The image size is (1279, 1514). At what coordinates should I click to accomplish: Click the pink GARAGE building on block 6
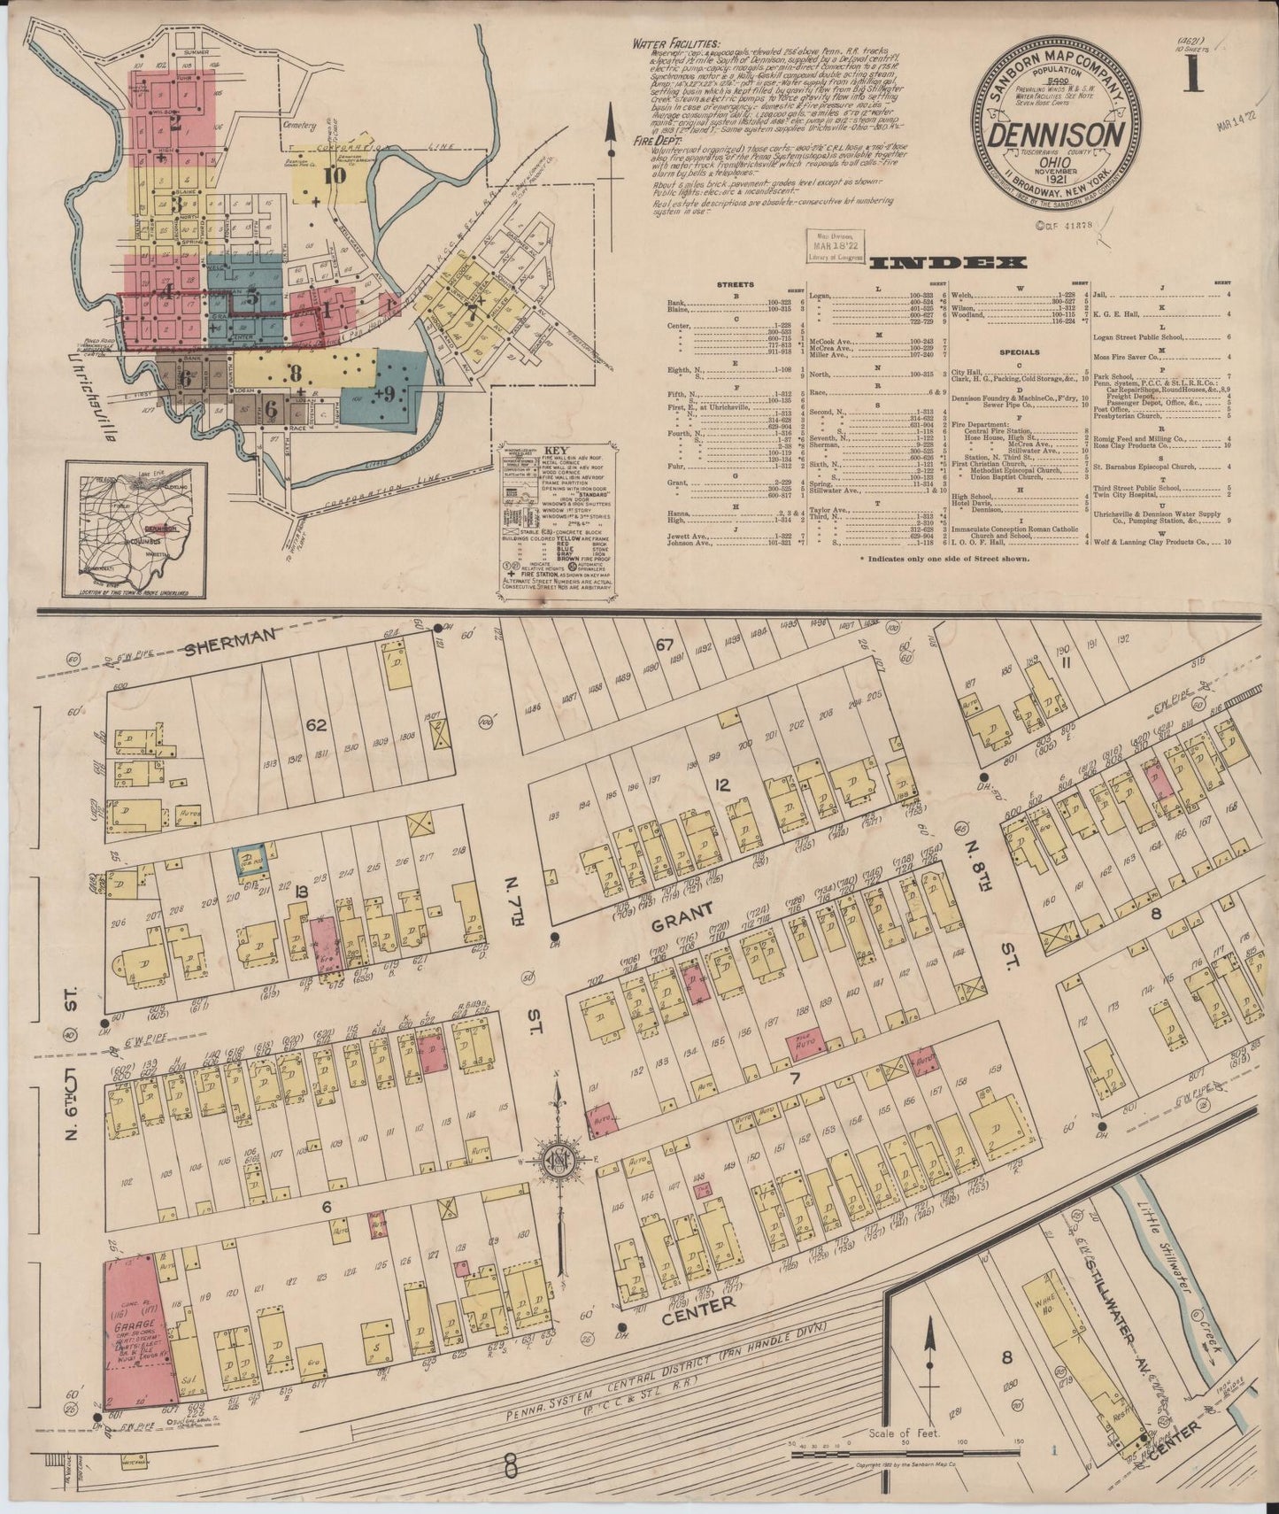(132, 1340)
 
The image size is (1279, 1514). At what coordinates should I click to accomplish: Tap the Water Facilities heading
(675, 43)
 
